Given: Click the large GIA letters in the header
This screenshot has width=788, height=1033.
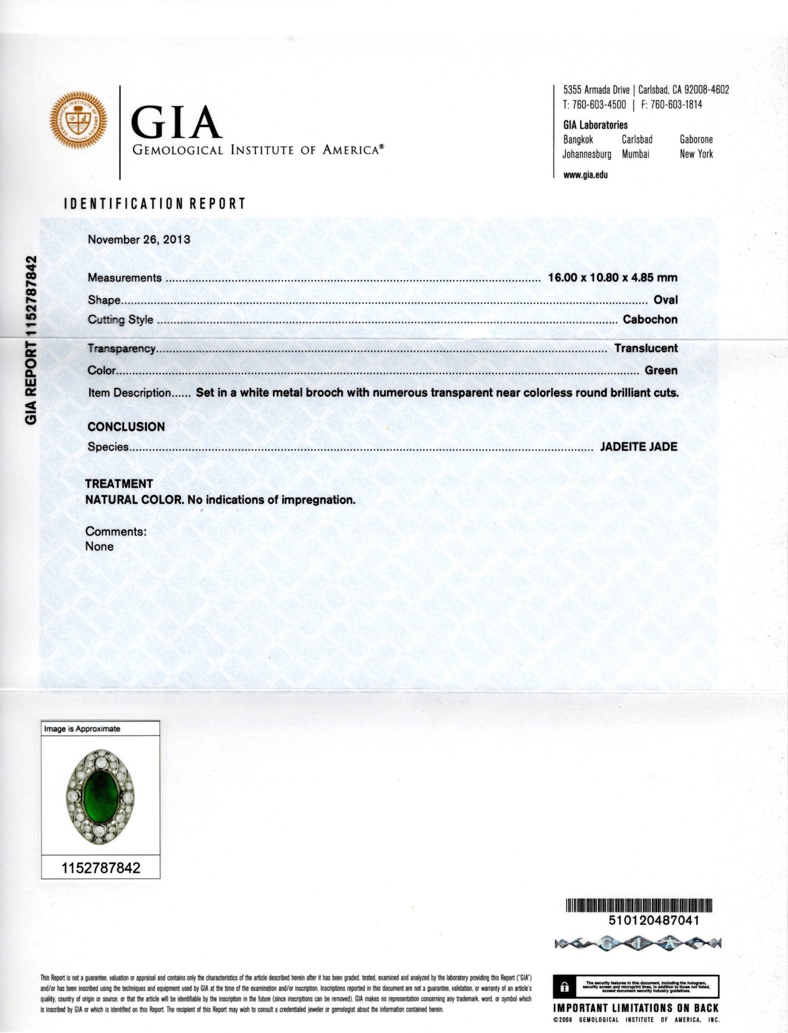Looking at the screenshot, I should (x=177, y=123).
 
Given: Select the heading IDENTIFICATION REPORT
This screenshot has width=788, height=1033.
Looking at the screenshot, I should (x=155, y=203).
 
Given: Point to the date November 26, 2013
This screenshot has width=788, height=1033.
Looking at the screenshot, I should (x=139, y=239).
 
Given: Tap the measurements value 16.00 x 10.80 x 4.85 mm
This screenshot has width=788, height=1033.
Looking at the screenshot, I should (x=612, y=278).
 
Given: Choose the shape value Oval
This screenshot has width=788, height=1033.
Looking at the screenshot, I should (x=665, y=300).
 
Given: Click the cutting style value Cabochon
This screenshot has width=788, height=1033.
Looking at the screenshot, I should (x=650, y=320).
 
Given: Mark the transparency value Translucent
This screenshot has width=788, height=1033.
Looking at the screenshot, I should (x=646, y=349).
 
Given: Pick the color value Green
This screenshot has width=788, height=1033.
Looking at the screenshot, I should (x=661, y=371).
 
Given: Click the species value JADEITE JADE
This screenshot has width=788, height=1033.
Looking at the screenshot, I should (x=638, y=447).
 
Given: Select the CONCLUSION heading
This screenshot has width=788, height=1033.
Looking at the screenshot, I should (x=126, y=427).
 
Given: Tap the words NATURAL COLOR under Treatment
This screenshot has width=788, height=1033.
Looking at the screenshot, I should (x=134, y=500).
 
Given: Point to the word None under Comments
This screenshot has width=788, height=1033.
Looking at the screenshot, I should (x=99, y=546).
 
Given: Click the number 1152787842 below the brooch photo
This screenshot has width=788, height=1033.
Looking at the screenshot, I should (x=100, y=868).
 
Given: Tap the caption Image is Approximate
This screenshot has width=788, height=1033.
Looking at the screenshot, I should (x=82, y=729).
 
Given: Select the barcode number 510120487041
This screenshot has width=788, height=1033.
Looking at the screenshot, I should (x=653, y=920).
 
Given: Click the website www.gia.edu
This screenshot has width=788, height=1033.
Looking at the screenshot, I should (x=586, y=175).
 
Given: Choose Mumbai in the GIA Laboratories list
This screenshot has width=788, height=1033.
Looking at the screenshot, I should (x=635, y=154).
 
